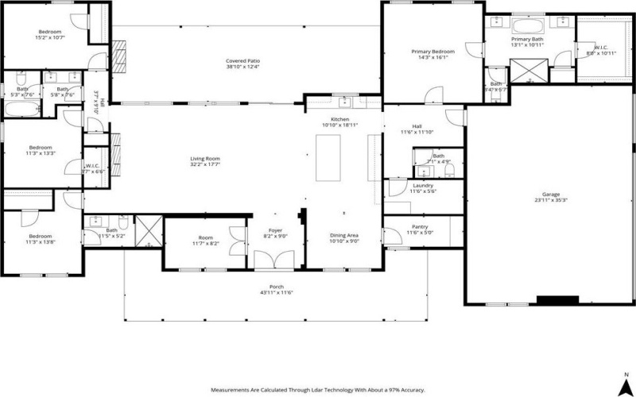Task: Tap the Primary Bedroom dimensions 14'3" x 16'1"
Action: (430, 57)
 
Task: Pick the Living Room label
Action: (204, 159)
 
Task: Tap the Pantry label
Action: (419, 226)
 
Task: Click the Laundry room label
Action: (423, 185)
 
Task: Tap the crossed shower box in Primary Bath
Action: (529, 71)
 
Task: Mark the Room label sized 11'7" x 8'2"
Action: (206, 239)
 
